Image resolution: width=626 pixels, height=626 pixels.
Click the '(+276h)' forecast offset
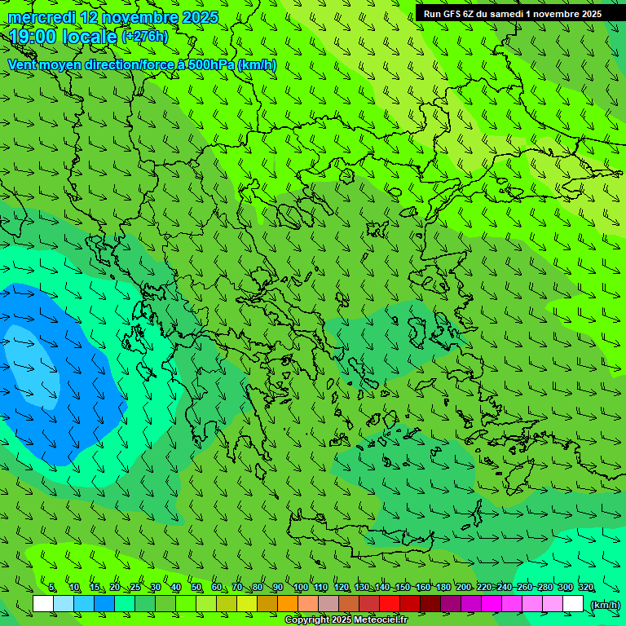tap(144, 37)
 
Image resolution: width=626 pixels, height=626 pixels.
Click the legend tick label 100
tap(301, 588)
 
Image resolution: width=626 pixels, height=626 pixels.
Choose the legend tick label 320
tap(585, 588)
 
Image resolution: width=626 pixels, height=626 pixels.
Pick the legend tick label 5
tap(52, 588)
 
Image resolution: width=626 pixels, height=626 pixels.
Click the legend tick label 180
tap(443, 588)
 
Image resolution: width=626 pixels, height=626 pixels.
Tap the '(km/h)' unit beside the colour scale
tap(605, 604)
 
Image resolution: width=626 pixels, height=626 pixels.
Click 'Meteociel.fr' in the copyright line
tap(381, 620)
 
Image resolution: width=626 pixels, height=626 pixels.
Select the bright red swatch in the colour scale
tap(390, 604)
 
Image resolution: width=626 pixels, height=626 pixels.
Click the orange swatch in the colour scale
tap(288, 604)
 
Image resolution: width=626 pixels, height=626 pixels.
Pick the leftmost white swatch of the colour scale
tap(43, 604)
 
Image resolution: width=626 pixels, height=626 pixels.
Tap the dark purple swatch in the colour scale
tap(451, 604)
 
